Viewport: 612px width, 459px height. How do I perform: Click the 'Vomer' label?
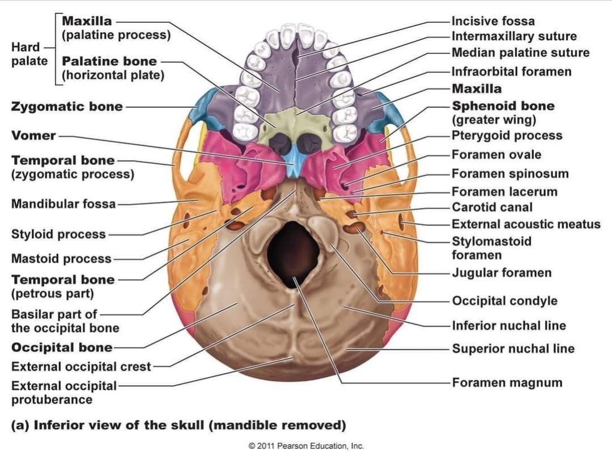pos(33,136)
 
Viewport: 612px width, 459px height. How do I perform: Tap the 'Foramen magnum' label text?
pos(507,383)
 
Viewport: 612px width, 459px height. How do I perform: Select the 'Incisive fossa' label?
pos(493,22)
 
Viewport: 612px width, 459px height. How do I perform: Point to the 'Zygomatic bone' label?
pos(67,107)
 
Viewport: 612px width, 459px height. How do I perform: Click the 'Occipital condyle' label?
pos(504,301)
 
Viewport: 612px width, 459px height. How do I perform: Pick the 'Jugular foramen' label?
pos(501,273)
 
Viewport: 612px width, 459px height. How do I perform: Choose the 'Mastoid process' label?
pos(61,259)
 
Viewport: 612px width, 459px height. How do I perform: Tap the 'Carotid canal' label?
pos(492,208)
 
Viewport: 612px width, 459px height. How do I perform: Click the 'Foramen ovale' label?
pos(496,155)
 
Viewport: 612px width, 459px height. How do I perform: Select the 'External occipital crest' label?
pos(81,367)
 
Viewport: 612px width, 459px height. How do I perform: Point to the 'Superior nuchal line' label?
pos(513,349)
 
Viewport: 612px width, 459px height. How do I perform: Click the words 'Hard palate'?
pos(29,54)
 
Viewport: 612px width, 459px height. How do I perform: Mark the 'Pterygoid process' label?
pos(507,136)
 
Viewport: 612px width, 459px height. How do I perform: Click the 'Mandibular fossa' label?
pos(63,204)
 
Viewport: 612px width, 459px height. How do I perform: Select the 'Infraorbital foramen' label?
pos(511,71)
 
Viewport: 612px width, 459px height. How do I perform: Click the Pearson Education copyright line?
pos(306,446)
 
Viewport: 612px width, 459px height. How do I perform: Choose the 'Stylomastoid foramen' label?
pos(491,248)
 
